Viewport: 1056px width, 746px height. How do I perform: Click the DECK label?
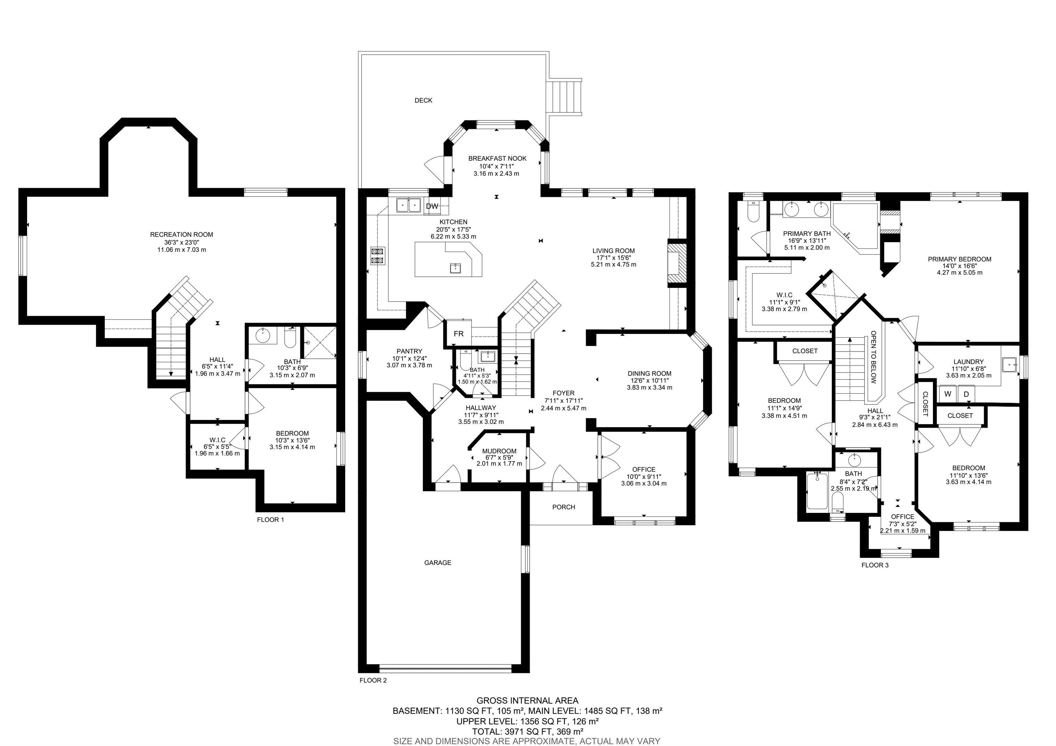[423, 100]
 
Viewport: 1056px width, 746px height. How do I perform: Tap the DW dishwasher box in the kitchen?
[432, 207]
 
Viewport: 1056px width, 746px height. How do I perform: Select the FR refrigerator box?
[459, 334]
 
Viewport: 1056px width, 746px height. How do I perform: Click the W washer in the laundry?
[948, 394]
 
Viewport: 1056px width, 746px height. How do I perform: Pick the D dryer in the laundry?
[966, 394]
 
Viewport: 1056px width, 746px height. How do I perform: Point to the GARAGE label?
[437, 562]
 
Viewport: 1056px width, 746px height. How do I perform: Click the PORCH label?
[563, 507]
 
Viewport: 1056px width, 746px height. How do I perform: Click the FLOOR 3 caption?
[875, 565]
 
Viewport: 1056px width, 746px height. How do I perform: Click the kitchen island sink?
[455, 268]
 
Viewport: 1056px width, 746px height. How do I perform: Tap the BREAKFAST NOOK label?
[497, 158]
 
